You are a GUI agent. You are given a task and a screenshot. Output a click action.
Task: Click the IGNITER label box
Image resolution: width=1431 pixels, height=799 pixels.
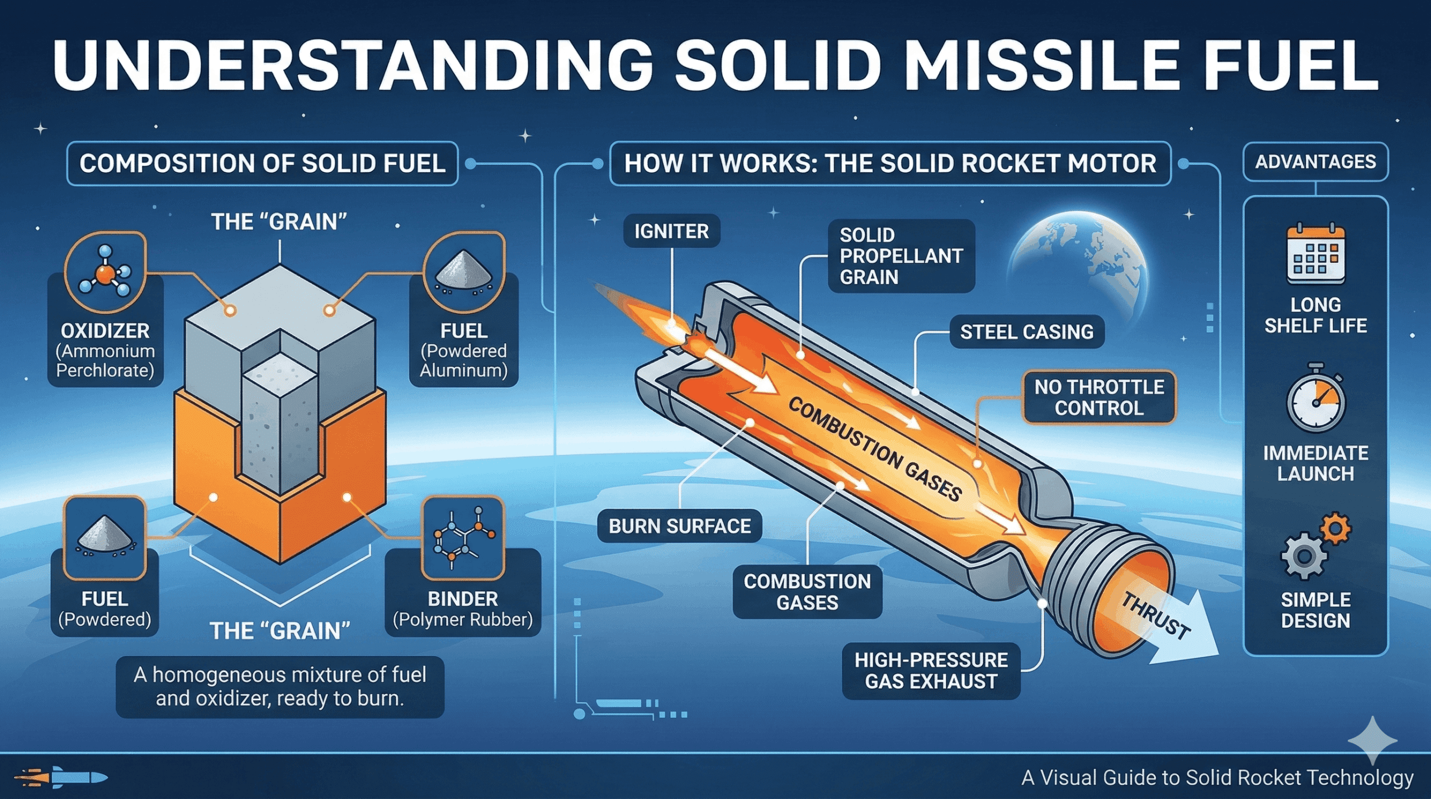point(671,231)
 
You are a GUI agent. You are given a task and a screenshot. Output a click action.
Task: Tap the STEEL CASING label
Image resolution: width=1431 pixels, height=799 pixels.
point(1026,332)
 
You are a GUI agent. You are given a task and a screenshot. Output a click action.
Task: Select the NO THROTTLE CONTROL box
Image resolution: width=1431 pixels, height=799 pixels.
point(1098,398)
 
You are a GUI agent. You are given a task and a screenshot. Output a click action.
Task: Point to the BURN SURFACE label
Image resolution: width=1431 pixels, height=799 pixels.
point(679,526)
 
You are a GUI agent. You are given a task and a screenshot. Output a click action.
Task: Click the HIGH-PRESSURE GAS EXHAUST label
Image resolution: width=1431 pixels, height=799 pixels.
point(931,671)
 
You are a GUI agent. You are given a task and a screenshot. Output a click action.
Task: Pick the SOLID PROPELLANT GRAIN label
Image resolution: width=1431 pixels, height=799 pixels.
point(901,256)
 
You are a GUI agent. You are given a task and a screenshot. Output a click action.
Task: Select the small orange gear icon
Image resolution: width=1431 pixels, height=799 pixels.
point(1336,528)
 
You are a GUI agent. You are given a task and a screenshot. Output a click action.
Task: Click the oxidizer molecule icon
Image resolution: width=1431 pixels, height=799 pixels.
point(105,272)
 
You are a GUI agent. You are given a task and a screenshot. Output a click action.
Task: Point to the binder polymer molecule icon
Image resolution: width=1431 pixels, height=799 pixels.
point(463,538)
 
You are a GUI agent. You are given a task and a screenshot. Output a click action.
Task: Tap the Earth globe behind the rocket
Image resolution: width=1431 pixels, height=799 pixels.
point(1079,263)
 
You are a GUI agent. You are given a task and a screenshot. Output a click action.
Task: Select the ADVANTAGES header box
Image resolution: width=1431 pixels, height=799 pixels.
point(1315,162)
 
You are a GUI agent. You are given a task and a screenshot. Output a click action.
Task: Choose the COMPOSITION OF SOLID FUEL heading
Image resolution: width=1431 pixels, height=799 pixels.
point(262,164)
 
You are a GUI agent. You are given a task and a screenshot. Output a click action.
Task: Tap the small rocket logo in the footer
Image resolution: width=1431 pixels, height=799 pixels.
point(61,777)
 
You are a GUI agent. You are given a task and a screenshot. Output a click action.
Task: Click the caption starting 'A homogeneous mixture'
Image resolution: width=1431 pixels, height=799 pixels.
point(279,687)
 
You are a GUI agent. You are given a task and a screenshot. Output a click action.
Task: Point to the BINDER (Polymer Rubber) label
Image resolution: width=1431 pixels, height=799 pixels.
point(463,608)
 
